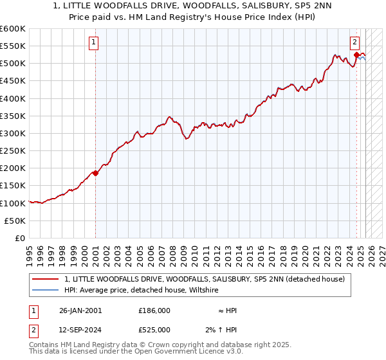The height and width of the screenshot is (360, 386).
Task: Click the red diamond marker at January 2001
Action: click(95, 172)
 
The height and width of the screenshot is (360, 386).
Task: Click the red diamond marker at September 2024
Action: click(356, 55)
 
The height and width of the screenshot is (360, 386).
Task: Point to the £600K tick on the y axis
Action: click(13, 29)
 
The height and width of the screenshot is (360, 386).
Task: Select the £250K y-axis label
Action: click(13, 150)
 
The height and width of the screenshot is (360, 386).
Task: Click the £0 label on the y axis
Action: click(19, 238)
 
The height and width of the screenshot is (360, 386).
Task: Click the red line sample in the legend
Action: click(46, 279)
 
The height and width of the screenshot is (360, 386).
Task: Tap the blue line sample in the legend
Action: click(46, 290)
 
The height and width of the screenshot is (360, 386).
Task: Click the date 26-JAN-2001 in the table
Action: click(80, 310)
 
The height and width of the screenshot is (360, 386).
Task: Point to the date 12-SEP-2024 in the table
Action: click(80, 330)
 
